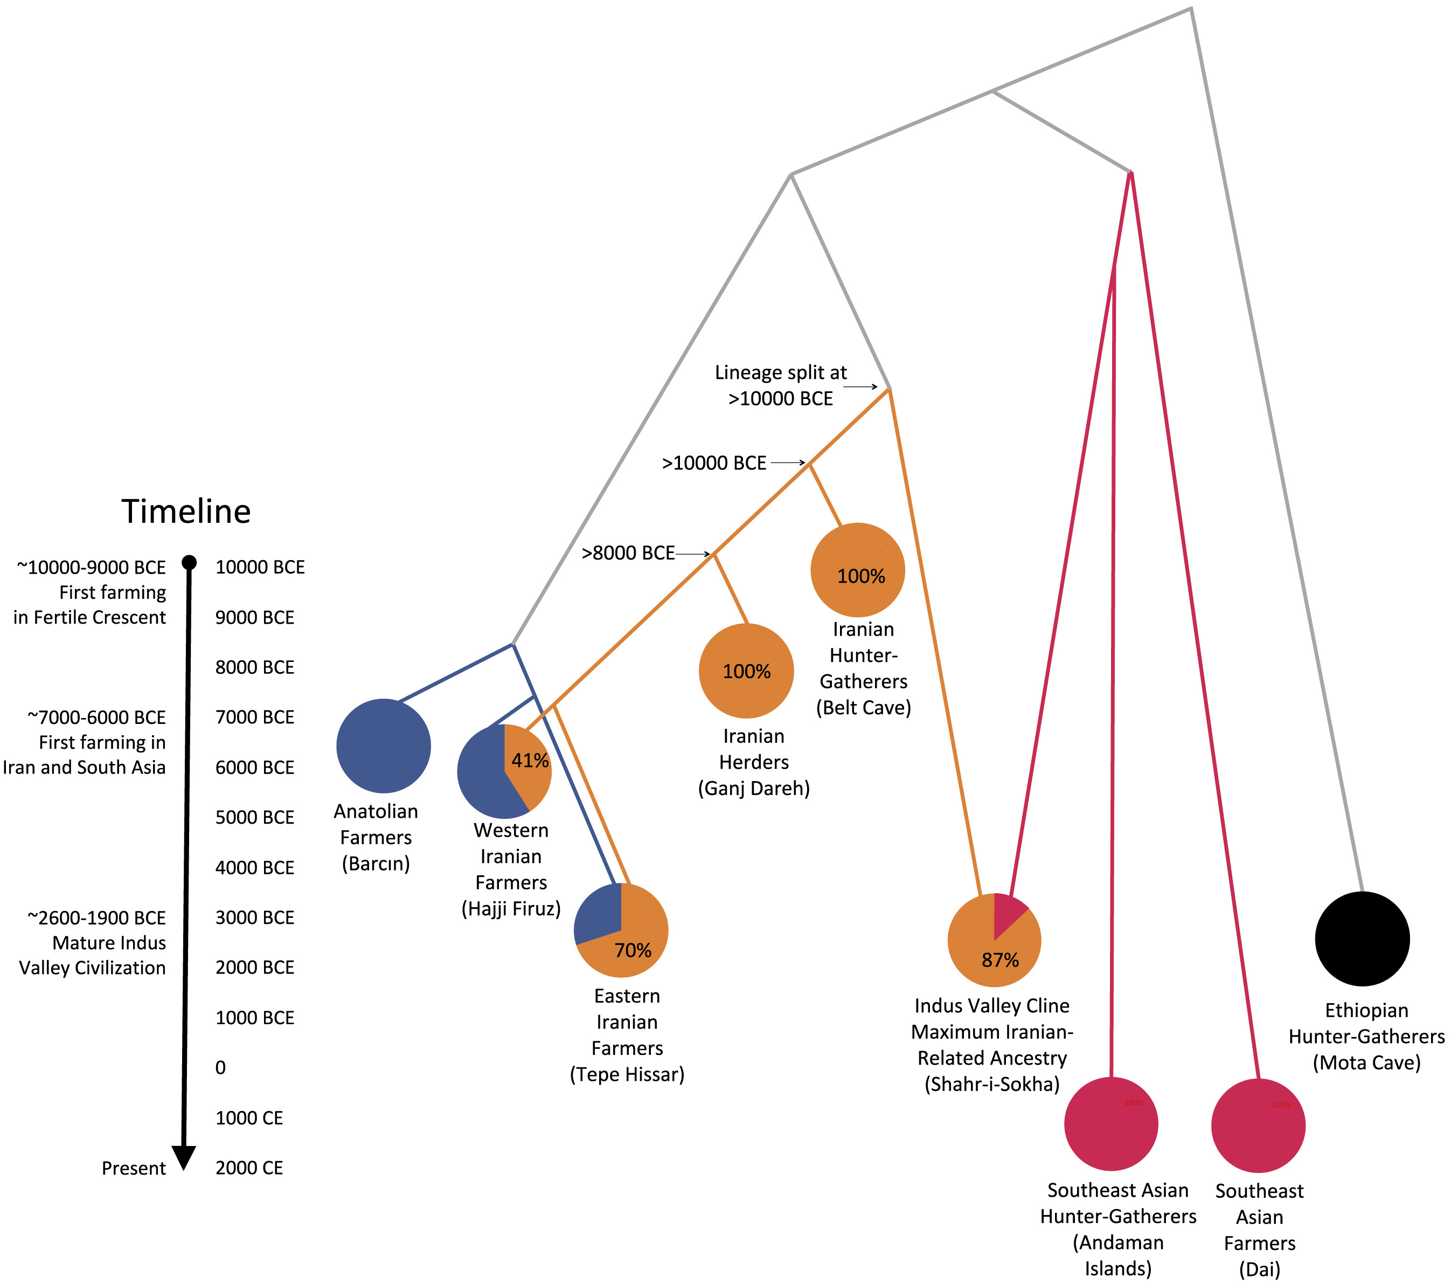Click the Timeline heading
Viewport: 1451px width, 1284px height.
point(186,512)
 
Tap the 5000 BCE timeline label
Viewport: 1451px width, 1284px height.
point(255,817)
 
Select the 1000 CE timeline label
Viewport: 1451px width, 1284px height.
point(249,1118)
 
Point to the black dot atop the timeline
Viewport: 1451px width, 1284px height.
point(189,562)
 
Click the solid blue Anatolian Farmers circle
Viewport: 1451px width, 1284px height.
point(383,745)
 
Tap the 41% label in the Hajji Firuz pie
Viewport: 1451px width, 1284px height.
point(530,761)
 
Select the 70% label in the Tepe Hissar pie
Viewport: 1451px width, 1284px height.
point(633,950)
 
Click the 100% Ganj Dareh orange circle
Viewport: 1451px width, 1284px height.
point(746,671)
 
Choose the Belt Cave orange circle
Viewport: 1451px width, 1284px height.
point(858,570)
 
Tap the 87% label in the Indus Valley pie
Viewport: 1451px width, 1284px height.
point(999,960)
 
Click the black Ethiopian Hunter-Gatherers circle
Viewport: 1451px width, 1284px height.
point(1362,939)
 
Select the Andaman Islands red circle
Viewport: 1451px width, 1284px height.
point(1111,1124)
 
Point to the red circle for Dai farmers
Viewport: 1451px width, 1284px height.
point(1258,1126)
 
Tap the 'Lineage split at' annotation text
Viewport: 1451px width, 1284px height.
point(781,373)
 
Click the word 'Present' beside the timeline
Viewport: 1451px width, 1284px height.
point(134,1168)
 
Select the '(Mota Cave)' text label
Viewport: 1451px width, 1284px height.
point(1366,1062)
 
